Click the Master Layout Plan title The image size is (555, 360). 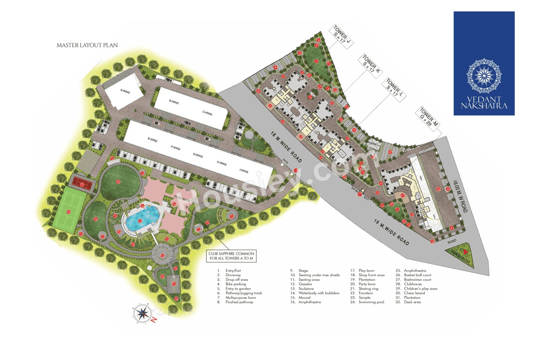[x=87, y=45]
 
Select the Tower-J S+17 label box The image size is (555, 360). [x=341, y=36]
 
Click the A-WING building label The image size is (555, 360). [x=125, y=91]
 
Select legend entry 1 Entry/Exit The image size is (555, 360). [x=233, y=271]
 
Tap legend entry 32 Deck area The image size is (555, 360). [x=412, y=302]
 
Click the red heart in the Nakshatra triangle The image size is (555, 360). [x=465, y=252]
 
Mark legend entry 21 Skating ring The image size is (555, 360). [x=368, y=288]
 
